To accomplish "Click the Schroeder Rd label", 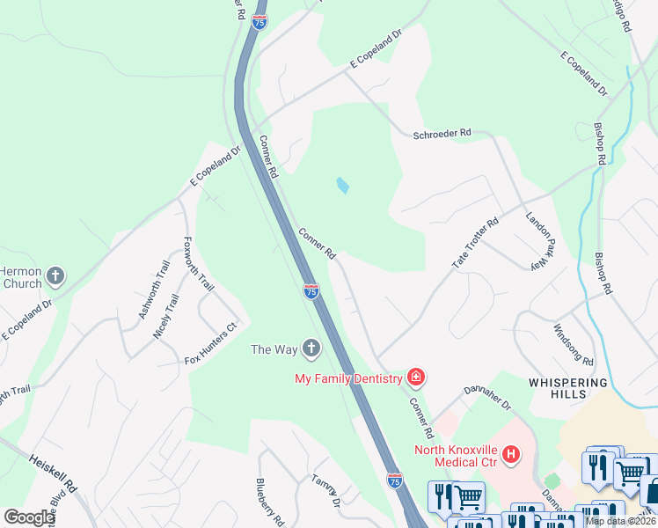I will [442, 134].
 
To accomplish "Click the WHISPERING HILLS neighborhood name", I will [568, 388].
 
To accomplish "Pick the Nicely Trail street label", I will [166, 317].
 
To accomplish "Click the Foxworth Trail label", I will [199, 264].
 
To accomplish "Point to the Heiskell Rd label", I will [55, 473].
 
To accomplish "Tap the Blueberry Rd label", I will [267, 501].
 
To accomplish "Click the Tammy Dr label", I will [325, 490].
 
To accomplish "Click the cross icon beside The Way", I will [311, 349].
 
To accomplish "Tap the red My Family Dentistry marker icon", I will [416, 378].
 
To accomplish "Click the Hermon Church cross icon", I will [55, 277].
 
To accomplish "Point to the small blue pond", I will [342, 186].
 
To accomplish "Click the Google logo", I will [29, 517].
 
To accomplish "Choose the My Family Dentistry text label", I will [348, 378].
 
